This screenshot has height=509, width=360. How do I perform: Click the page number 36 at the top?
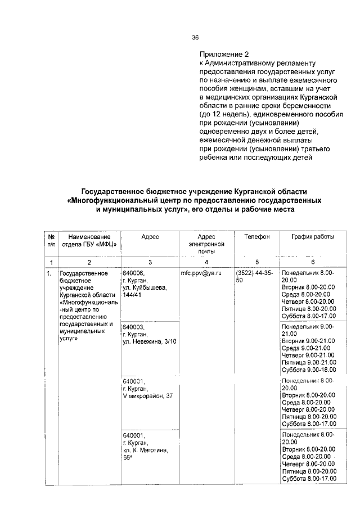point(196,38)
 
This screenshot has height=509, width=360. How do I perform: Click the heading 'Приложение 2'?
point(223,55)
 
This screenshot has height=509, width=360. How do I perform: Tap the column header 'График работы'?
point(312,237)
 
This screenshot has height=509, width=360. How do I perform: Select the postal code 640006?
point(133,273)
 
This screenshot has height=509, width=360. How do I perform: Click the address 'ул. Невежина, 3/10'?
point(149,341)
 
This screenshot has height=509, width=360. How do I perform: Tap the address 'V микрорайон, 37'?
point(147,396)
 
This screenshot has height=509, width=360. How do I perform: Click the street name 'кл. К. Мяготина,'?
point(145,451)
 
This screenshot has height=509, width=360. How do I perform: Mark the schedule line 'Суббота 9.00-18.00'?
point(308,370)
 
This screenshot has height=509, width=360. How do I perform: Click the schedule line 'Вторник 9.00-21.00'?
point(308,340)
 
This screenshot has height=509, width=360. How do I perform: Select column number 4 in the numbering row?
point(206,262)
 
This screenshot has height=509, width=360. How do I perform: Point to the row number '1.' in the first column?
point(49,273)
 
